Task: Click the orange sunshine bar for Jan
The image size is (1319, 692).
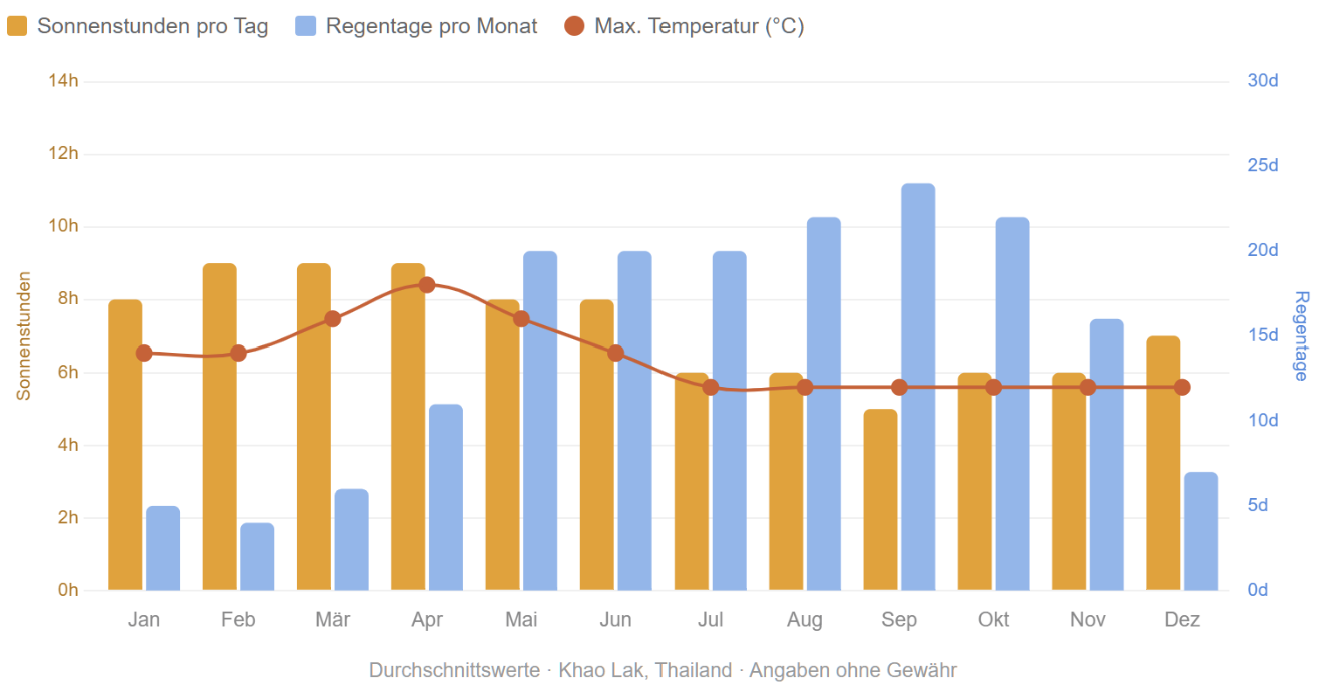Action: point(125,445)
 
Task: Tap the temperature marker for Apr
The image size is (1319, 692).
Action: point(427,285)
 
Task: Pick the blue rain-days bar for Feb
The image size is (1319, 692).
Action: point(257,557)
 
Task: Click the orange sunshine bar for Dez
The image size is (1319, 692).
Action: point(1163,463)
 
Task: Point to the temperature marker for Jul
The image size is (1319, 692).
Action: point(710,387)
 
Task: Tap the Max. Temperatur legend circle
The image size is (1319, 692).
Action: point(574,26)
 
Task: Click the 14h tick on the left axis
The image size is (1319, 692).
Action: point(63,81)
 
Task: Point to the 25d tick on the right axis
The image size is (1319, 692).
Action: point(1263,166)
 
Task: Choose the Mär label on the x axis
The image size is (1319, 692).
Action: point(332,619)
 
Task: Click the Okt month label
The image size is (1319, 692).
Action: point(993,619)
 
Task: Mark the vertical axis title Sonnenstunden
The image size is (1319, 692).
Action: point(24,336)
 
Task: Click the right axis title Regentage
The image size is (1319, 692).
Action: point(1301,336)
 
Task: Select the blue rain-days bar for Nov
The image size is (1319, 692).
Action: point(1107,454)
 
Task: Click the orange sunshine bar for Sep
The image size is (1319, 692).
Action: point(880,500)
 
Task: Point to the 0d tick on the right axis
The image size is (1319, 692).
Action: point(1258,591)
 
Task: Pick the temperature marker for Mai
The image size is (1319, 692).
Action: point(521,319)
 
